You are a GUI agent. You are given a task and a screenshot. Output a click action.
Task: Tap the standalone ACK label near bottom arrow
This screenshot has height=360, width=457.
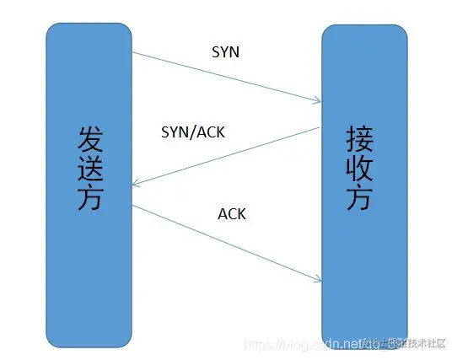(x=232, y=213)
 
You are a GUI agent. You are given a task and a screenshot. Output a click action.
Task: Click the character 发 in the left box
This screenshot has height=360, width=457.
(x=89, y=137)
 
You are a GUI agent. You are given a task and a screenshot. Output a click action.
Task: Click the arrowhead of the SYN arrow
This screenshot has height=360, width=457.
(x=319, y=102)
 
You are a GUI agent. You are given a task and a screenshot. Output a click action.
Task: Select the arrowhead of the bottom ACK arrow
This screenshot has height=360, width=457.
(x=319, y=279)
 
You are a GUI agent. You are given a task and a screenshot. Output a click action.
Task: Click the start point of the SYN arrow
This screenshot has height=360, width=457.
(x=132, y=54)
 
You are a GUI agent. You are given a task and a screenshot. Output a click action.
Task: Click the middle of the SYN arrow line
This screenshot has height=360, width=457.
(x=226, y=78)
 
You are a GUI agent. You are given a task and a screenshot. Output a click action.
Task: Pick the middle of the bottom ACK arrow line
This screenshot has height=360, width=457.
(x=226, y=242)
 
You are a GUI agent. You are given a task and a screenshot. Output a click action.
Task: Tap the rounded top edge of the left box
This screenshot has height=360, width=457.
(x=89, y=24)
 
